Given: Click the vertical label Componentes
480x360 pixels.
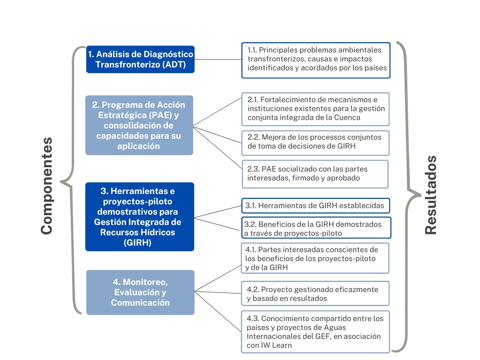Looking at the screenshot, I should tap(46, 186).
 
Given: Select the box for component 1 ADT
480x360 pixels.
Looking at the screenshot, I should tap(140, 60).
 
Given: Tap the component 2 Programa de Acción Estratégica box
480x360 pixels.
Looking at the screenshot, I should tap(139, 125).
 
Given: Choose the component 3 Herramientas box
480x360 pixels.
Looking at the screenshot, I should tap(139, 217).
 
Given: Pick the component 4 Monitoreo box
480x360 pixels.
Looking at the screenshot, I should tap(140, 292).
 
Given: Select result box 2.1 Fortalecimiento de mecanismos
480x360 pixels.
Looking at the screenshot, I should tap(315, 109).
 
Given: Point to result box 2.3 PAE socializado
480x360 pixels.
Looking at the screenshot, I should tap(315, 174).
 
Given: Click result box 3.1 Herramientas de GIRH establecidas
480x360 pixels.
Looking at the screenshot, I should tap(316, 205).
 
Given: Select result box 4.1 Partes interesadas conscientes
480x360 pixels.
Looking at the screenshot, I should tap(315, 258).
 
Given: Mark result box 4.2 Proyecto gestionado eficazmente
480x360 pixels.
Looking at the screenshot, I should tap(315, 294).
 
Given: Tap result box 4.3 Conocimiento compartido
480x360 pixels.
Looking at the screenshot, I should tap(315, 331).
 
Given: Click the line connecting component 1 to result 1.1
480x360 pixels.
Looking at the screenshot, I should tap(218, 60).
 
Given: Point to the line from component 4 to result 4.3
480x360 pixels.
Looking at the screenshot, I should tap(218, 311).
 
